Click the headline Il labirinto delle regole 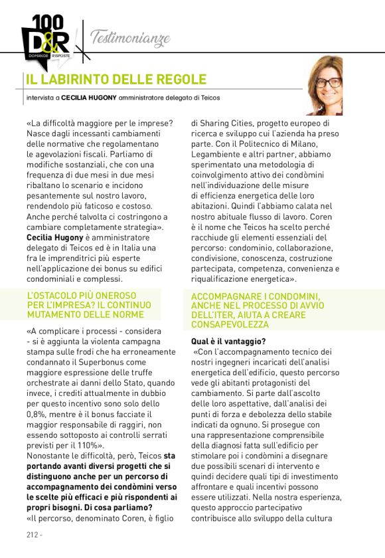(x=116, y=80)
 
